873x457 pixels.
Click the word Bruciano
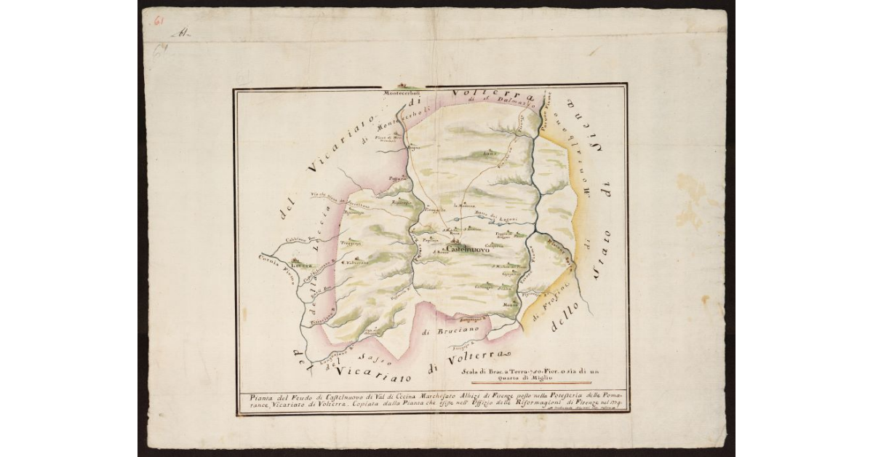point(442,333)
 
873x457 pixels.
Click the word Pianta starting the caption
point(253,395)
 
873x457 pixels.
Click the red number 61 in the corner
point(157,20)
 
